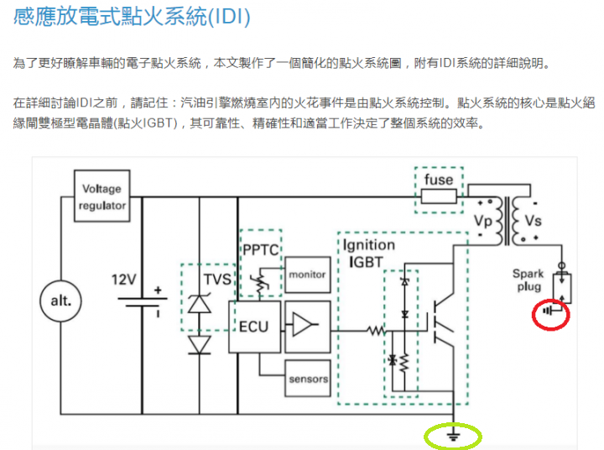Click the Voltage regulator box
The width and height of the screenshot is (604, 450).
(102, 196)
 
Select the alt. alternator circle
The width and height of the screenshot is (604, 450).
(61, 301)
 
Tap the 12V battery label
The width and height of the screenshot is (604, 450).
(123, 280)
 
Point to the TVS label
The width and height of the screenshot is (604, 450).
(217, 280)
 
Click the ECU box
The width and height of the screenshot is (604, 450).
(255, 327)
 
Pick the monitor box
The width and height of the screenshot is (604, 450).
(307, 275)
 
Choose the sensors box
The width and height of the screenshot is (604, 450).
(308, 379)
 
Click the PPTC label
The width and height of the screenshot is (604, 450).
(261, 250)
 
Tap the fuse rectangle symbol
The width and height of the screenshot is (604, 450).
(439, 196)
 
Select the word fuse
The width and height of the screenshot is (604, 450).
(439, 180)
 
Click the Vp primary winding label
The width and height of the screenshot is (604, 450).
(483, 222)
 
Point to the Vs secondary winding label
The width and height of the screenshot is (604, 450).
(534, 221)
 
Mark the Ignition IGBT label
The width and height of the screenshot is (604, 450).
(368, 254)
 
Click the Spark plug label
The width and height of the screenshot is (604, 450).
(528, 280)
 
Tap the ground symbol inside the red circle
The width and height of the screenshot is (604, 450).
(548, 311)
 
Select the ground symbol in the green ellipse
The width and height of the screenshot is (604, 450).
(453, 436)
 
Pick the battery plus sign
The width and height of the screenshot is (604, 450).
(158, 290)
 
